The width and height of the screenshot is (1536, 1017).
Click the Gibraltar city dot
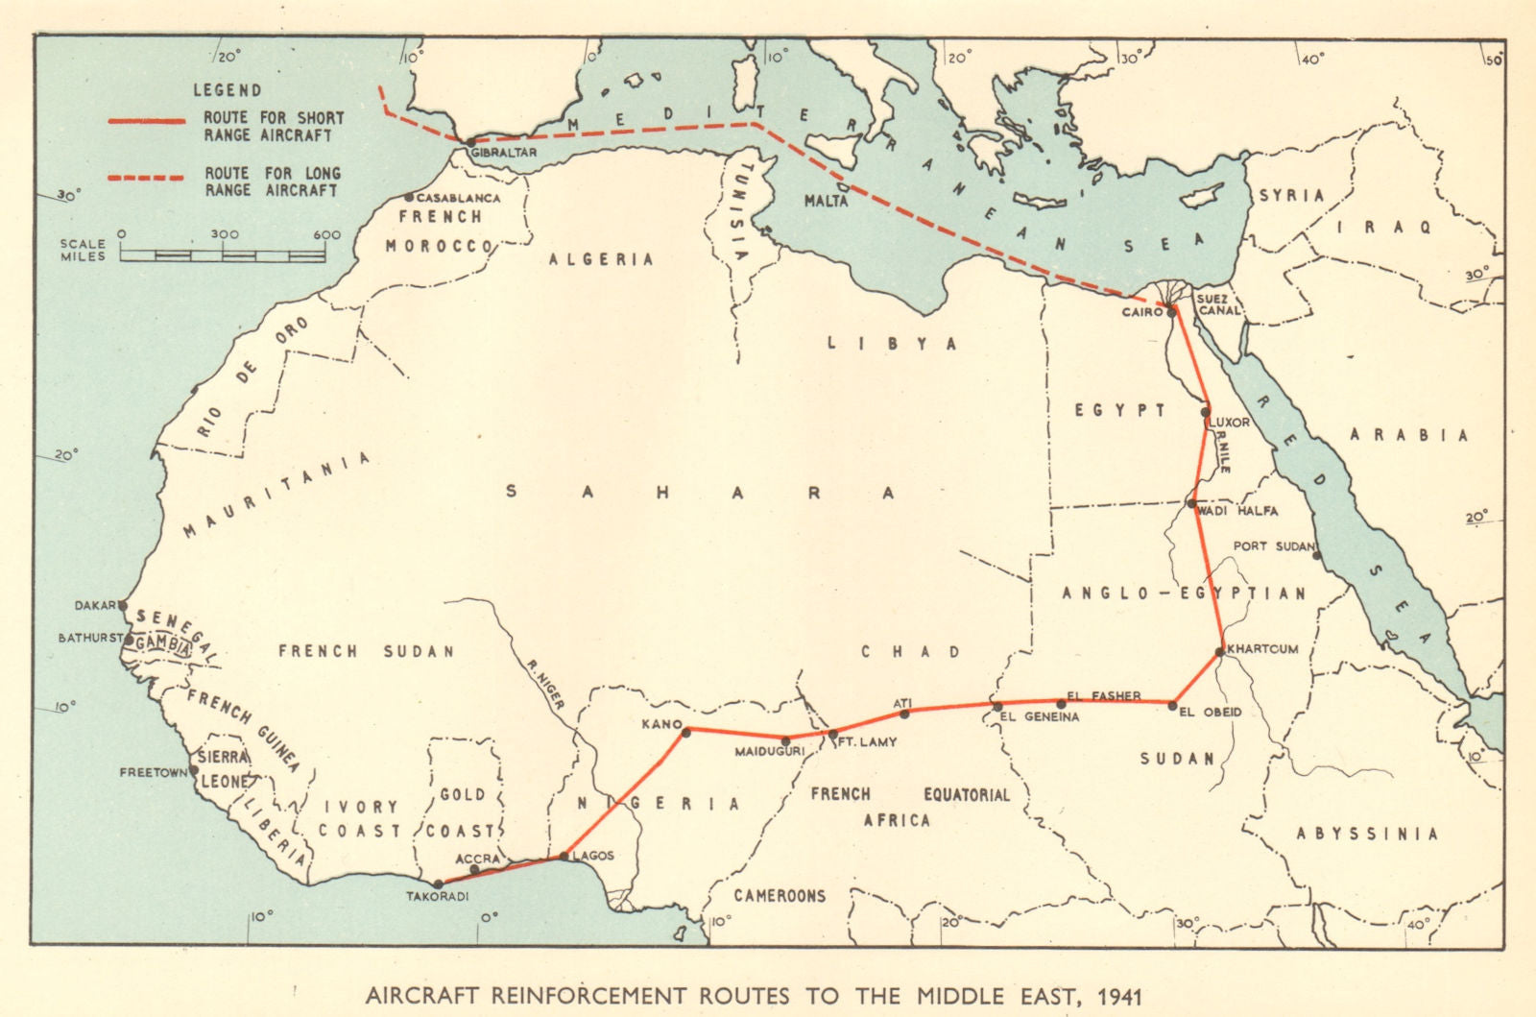[471, 142]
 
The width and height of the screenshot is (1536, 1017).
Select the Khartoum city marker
[1219, 652]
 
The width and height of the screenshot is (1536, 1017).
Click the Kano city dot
[686, 733]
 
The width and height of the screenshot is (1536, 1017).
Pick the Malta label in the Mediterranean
[826, 202]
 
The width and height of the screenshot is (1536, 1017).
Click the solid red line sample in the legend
[145, 122]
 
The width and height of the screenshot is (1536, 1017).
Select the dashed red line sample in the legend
[145, 178]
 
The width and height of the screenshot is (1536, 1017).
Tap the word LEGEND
[228, 90]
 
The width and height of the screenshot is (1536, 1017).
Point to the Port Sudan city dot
[1317, 555]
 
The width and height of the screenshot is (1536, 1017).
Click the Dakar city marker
[123, 605]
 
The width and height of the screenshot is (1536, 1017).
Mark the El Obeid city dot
[1172, 705]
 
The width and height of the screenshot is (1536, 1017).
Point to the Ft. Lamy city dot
[832, 735]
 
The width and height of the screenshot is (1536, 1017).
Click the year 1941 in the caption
[1117, 995]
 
